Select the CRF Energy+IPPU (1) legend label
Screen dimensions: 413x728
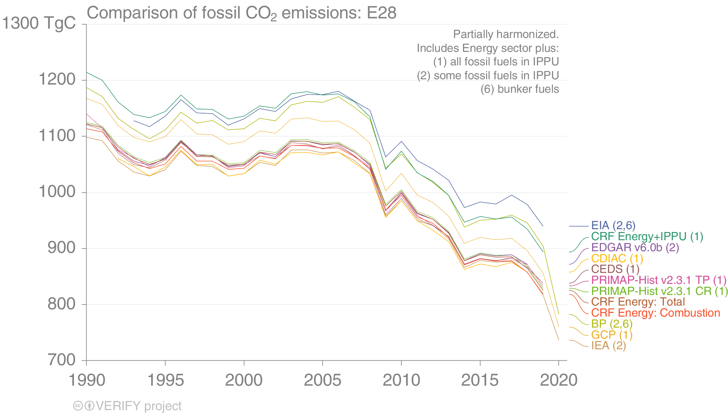click(x=647, y=237)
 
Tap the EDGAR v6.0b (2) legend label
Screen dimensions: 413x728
click(x=635, y=248)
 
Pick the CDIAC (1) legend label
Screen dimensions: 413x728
click(x=617, y=259)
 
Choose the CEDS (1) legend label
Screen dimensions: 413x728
click(x=615, y=269)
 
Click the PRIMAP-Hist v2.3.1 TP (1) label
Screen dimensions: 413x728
click(x=659, y=280)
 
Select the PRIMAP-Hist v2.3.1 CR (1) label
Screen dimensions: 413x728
click(x=659, y=291)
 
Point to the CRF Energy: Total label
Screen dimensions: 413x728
click(x=638, y=302)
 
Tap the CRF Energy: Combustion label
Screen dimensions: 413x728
click(x=656, y=313)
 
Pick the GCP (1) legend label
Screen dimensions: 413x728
click(x=612, y=335)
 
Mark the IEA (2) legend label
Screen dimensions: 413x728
click(x=608, y=346)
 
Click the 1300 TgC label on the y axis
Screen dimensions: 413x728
click(x=39, y=23)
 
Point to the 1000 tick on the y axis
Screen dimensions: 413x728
click(x=57, y=192)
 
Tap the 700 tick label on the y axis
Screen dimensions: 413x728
click(x=62, y=360)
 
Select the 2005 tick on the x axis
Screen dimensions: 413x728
click(x=322, y=380)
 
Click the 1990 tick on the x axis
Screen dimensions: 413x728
click(x=87, y=380)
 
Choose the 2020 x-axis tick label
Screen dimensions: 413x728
click(x=558, y=380)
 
